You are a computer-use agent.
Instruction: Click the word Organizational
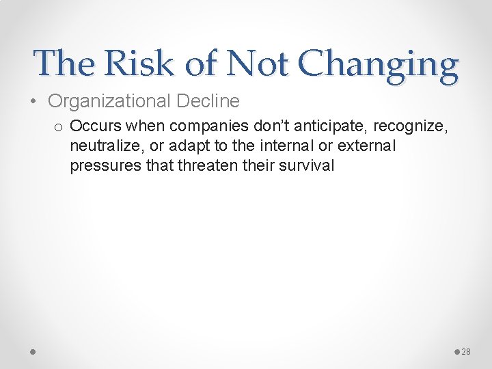click(x=110, y=101)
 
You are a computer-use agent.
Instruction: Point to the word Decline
click(x=208, y=101)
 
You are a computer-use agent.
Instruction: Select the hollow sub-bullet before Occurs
click(x=59, y=127)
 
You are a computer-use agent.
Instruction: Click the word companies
click(x=202, y=126)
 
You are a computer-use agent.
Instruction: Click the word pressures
click(x=102, y=165)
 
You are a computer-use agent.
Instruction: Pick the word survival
click(x=307, y=165)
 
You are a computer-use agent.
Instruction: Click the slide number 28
click(x=467, y=352)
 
